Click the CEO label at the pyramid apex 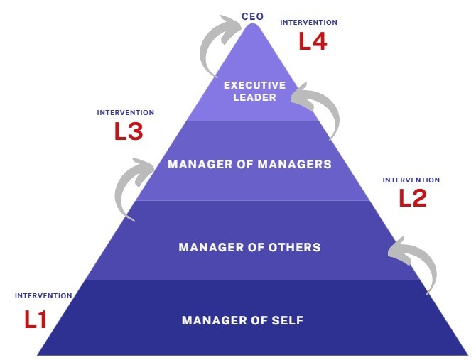[253, 16]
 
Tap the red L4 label [312, 41]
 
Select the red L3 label [129, 131]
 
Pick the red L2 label [413, 198]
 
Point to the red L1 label [36, 320]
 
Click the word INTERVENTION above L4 [308, 23]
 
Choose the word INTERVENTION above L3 [125, 112]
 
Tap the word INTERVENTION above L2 [411, 180]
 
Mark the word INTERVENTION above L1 [43, 295]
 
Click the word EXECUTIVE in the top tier [254, 85]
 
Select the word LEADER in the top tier [254, 97]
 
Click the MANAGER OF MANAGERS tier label [249, 164]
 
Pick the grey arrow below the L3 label [130, 187]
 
